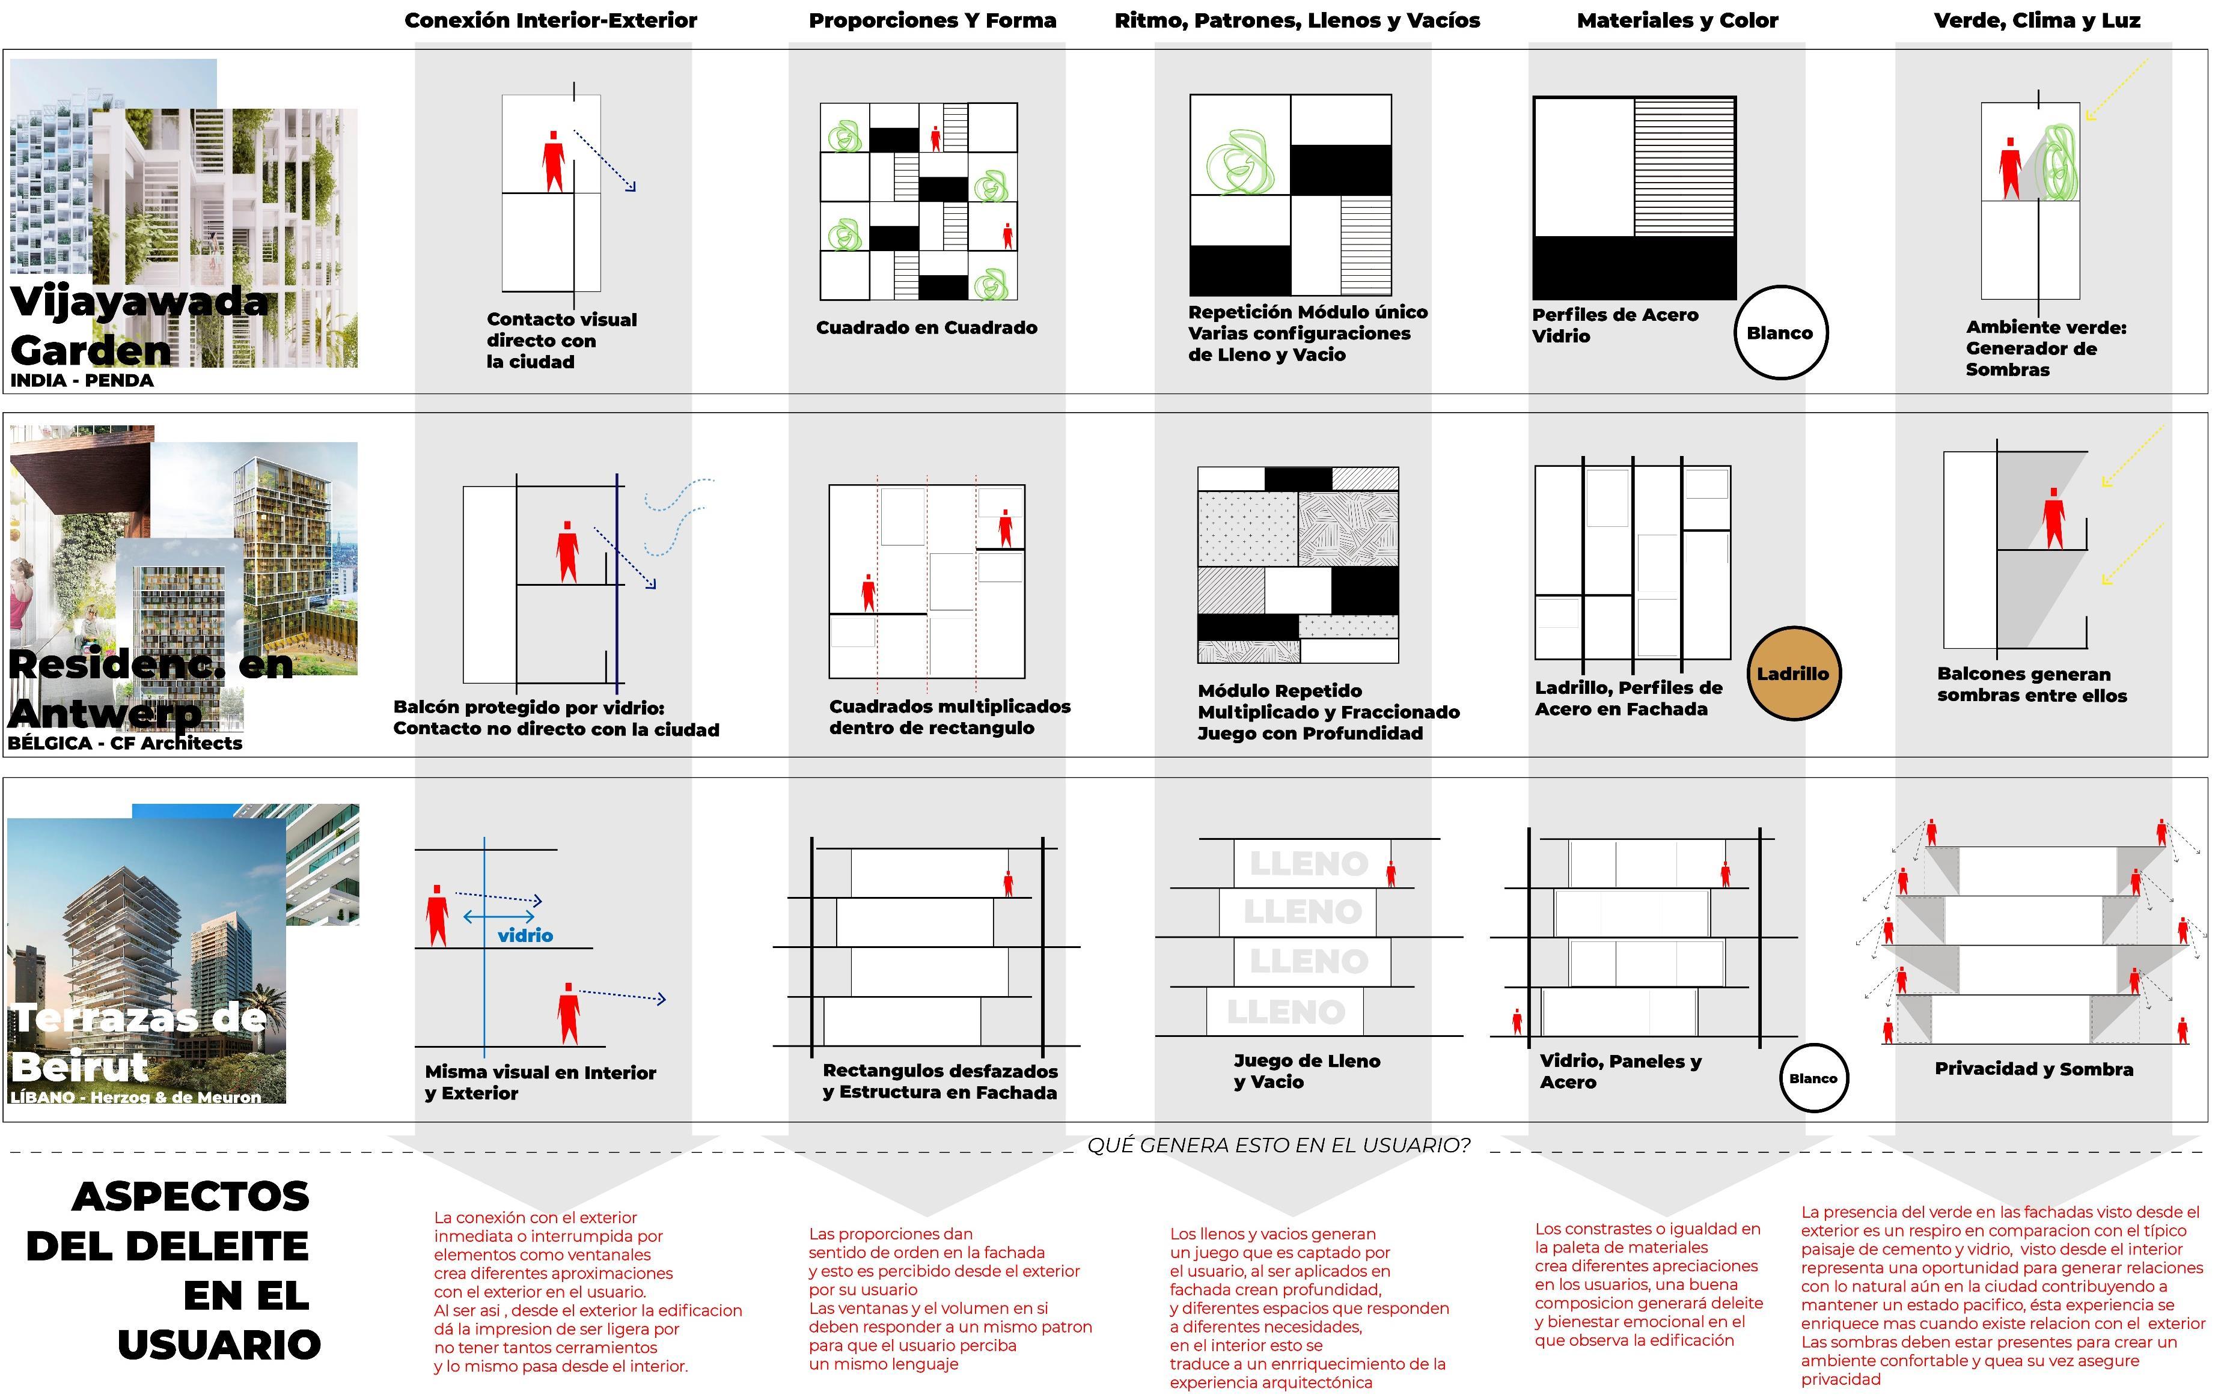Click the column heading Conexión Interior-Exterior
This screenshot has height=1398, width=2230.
coord(551,20)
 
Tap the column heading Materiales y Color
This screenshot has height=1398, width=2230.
coord(1677,20)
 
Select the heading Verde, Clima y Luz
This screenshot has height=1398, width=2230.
coord(2036,20)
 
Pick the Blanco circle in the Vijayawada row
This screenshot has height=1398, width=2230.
coord(1780,333)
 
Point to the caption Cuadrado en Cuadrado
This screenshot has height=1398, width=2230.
coord(926,327)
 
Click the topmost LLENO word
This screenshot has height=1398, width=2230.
coord(1308,863)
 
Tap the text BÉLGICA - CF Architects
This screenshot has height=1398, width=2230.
coord(125,743)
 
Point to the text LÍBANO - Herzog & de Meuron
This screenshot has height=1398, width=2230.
coord(135,1098)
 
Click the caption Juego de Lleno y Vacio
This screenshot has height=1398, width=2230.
coord(1306,1071)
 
